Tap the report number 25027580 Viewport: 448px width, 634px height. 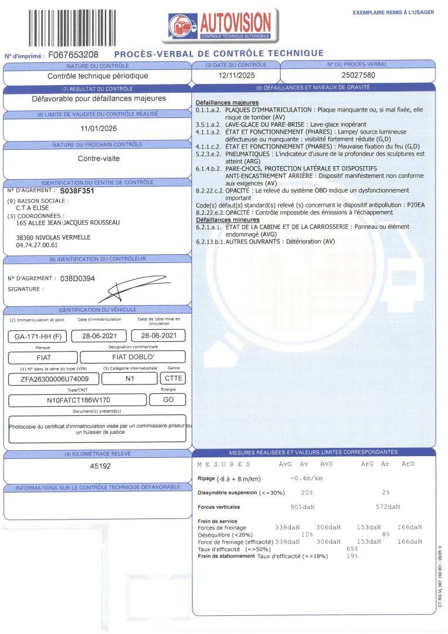358,76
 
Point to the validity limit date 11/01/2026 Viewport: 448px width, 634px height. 98,129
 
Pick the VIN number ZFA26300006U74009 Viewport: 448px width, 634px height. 56,379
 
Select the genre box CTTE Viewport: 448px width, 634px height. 172,379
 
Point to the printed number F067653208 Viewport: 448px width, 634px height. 73,55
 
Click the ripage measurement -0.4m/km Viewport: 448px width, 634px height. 308,478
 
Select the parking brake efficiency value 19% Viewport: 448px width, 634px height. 352,556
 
